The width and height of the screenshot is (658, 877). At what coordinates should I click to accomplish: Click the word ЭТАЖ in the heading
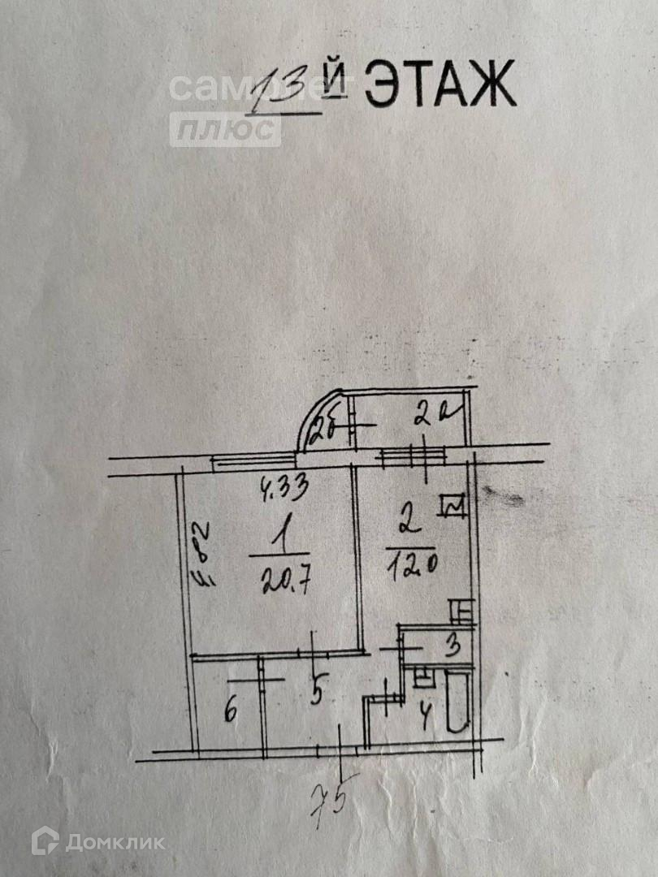[x=439, y=84]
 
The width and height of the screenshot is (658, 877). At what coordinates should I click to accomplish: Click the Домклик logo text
[x=115, y=842]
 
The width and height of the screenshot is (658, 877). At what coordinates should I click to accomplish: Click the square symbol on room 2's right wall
[x=452, y=507]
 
